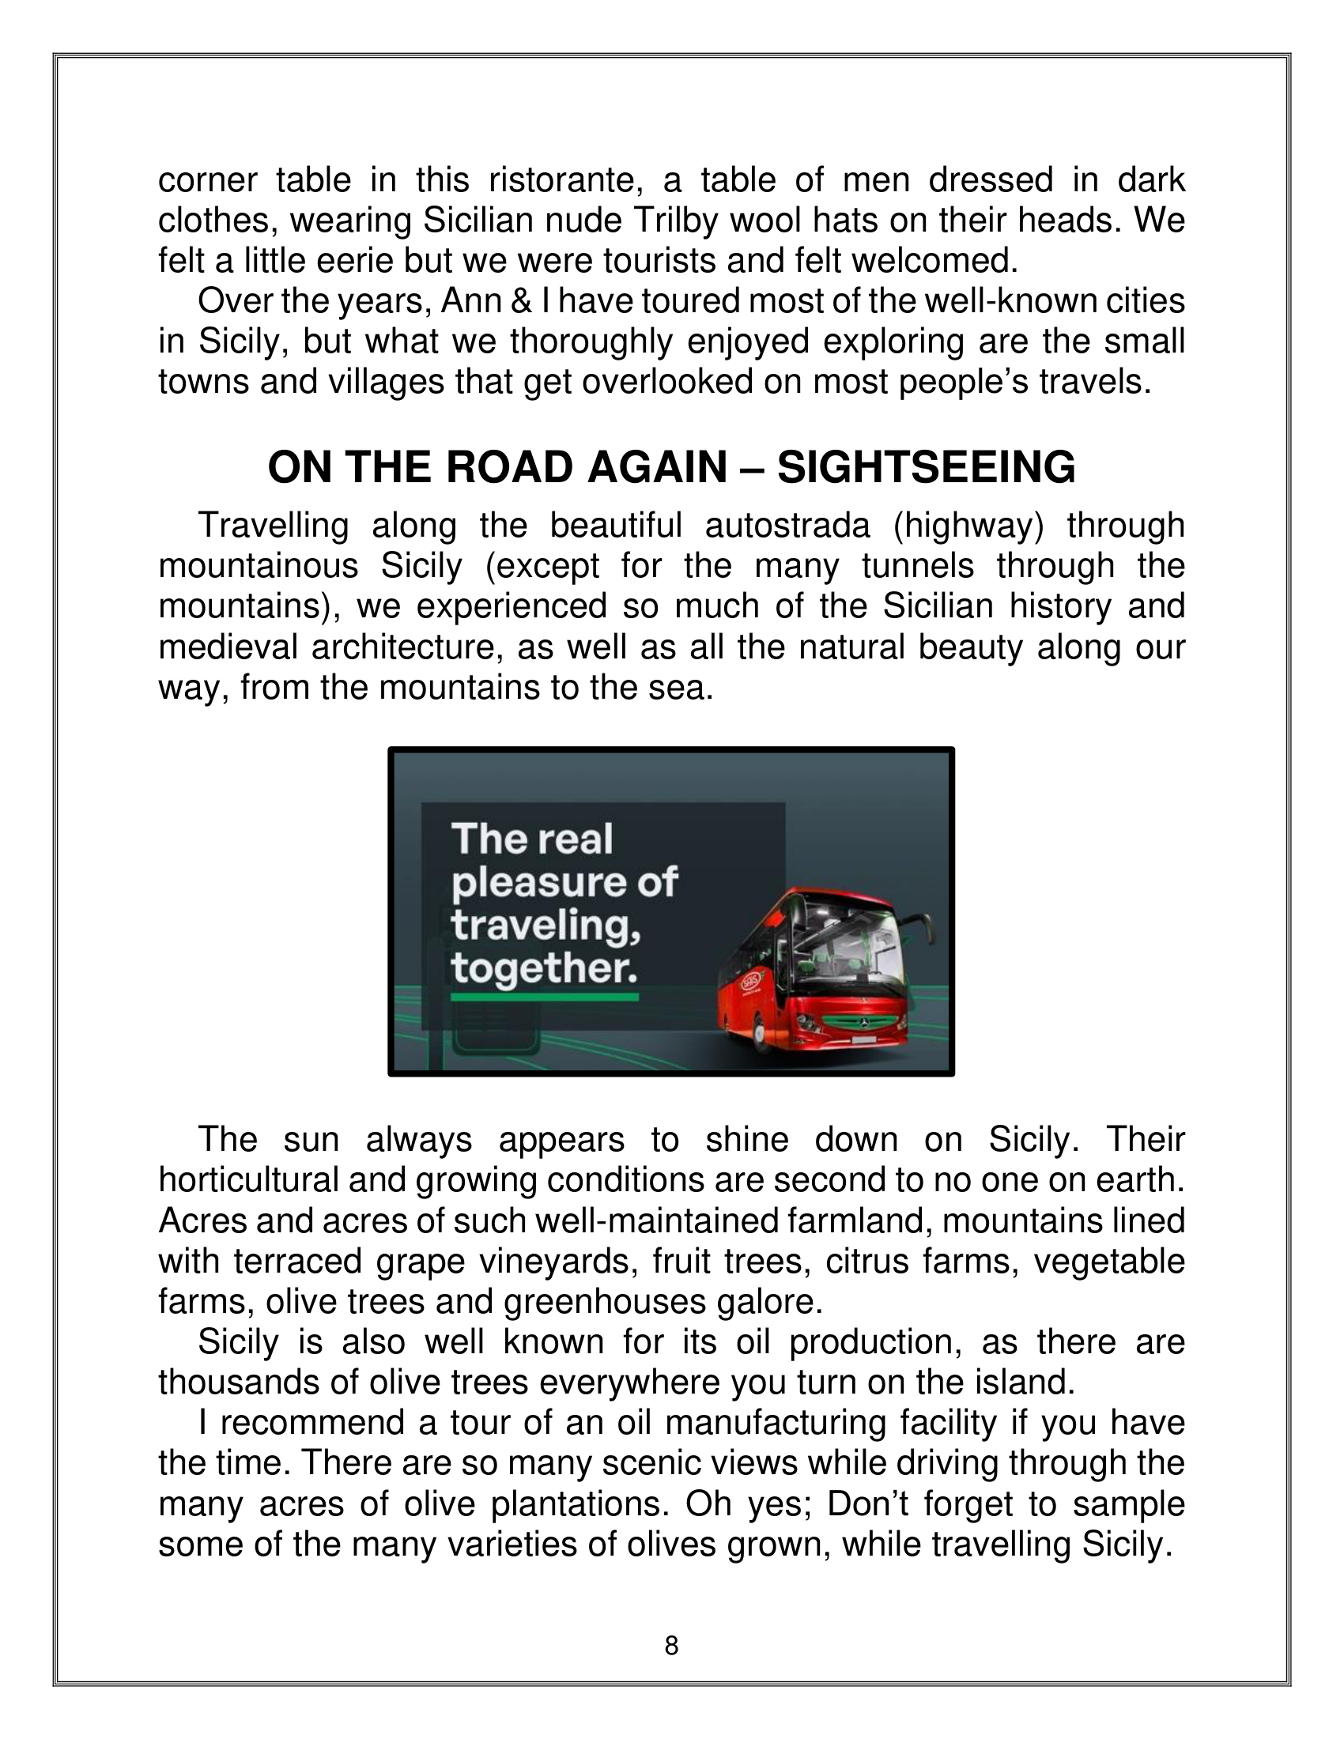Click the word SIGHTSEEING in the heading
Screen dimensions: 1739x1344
tap(926, 467)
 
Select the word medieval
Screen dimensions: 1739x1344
tap(227, 647)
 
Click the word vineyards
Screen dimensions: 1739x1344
tap(555, 1262)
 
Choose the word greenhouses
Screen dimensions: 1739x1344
tap(605, 1302)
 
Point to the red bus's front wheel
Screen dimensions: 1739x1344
tap(755, 1036)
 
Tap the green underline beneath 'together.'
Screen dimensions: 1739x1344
tap(545, 997)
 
